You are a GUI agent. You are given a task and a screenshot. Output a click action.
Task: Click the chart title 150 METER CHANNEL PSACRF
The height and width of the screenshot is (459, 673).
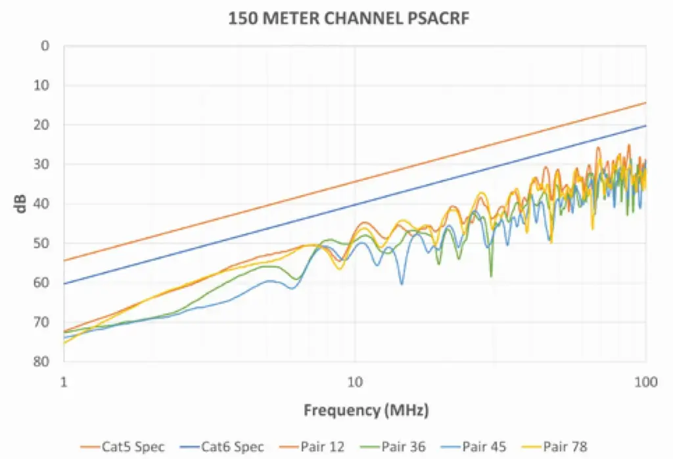pyautogui.click(x=348, y=19)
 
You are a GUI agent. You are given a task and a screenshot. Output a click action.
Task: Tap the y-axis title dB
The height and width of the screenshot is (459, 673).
pyautogui.click(x=22, y=204)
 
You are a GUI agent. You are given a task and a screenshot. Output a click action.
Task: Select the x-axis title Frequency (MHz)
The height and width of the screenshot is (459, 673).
pyautogui.click(x=366, y=411)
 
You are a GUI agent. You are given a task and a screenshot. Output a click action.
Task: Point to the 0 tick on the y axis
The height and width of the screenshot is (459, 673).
pyautogui.click(x=45, y=46)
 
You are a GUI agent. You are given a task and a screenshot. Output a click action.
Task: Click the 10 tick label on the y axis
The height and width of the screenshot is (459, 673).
pyautogui.click(x=43, y=85)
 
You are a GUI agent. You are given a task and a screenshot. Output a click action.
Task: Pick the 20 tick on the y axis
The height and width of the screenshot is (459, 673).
pyautogui.click(x=43, y=125)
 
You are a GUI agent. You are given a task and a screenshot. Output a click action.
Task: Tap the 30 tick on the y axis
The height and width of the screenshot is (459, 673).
pyautogui.click(x=43, y=164)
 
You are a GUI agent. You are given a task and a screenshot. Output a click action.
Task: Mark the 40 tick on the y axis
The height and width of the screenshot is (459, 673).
pyautogui.click(x=43, y=204)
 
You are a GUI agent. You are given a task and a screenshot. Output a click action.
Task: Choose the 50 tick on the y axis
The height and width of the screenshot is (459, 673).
pyautogui.click(x=43, y=243)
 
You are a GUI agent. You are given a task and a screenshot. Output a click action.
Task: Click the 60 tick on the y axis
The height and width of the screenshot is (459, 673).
pyautogui.click(x=43, y=282)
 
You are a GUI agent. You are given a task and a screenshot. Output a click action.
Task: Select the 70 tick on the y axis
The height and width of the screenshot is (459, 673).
pyautogui.click(x=43, y=322)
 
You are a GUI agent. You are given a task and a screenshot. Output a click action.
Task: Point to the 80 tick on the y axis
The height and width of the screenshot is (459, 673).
pyautogui.click(x=43, y=361)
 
